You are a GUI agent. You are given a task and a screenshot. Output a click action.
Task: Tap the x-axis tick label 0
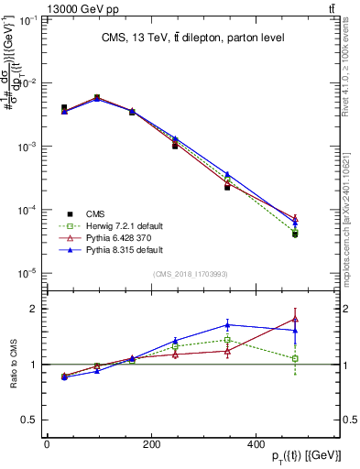(47, 444)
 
